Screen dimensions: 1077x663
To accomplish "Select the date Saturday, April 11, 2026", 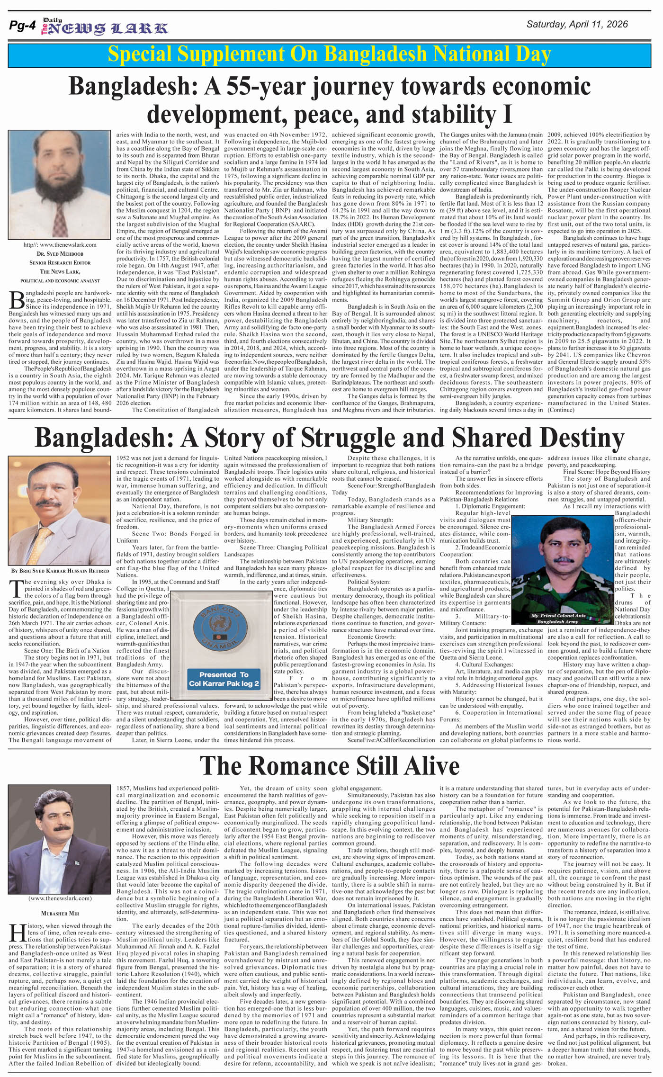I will click(577, 25).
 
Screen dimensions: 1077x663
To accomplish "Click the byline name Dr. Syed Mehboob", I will click(60, 254).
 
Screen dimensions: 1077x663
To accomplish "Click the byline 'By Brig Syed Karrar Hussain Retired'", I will click(60, 571).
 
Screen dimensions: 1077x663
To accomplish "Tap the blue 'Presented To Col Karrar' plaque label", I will click(224, 679).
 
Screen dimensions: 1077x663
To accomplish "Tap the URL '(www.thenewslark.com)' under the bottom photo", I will click(60, 898).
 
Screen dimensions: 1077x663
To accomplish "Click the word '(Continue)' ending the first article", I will click(561, 410).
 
